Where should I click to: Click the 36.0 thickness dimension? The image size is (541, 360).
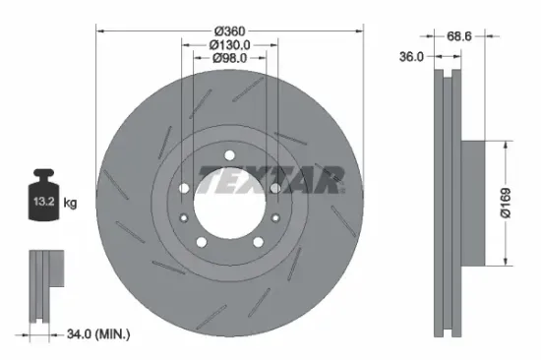click(x=412, y=57)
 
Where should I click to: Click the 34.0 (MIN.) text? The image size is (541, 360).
click(x=96, y=335)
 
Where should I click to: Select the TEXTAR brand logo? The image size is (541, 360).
click(x=271, y=180)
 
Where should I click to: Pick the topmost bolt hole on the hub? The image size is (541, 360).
click(x=229, y=154)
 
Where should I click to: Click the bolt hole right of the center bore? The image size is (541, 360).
click(x=274, y=187)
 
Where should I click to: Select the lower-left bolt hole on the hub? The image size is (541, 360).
click(x=202, y=241)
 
